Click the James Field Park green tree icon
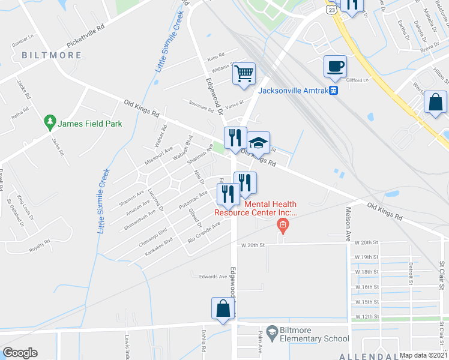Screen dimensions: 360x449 click(x=50, y=124)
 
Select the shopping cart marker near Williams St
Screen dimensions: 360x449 click(x=244, y=74)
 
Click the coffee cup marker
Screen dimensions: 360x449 click(x=335, y=66)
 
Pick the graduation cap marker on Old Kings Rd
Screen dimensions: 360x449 click(x=258, y=143)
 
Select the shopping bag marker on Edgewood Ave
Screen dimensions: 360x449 click(x=223, y=309)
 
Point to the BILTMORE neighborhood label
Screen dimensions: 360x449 click(x=52, y=55)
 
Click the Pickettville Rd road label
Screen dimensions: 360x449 click(x=85, y=35)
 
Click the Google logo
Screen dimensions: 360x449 click(x=20, y=353)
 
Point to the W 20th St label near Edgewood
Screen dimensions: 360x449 click(x=253, y=245)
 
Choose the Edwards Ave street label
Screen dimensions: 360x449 click(x=214, y=277)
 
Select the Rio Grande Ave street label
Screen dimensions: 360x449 click(x=205, y=232)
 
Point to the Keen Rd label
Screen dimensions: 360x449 click(x=215, y=58)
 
